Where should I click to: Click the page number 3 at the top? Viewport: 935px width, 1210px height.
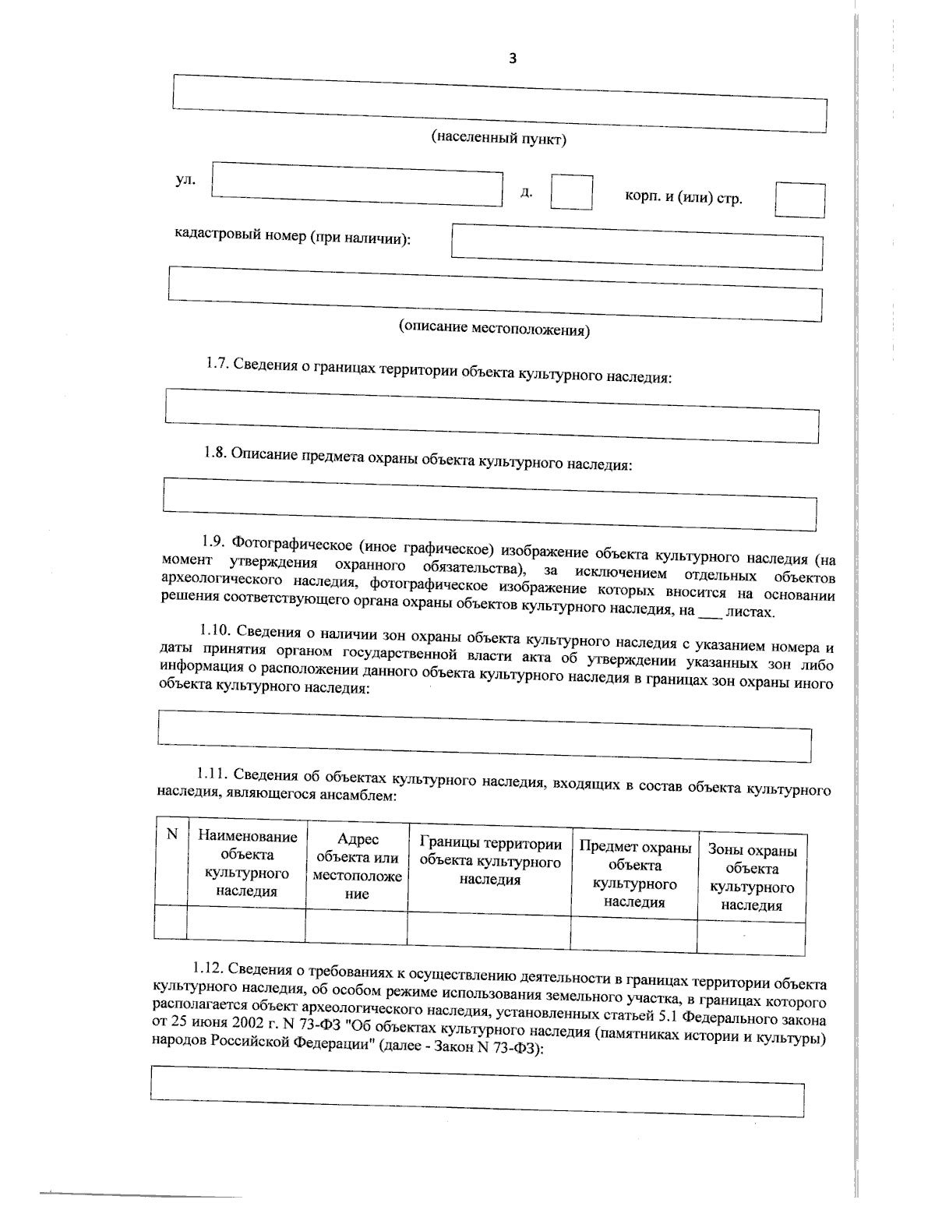pyautogui.click(x=512, y=58)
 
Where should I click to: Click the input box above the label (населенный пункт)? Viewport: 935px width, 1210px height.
pyautogui.click(x=499, y=104)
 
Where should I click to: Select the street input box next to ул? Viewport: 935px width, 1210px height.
pyautogui.click(x=357, y=185)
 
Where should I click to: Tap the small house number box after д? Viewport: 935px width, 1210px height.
pyautogui.click(x=571, y=192)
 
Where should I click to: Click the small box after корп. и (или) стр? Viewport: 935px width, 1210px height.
pyautogui.click(x=799, y=200)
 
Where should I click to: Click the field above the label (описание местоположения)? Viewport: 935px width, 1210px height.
pyautogui.click(x=495, y=294)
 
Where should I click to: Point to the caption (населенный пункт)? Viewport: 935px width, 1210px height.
pyautogui.click(x=499, y=139)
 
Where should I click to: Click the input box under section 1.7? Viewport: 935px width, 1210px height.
pyautogui.click(x=492, y=416)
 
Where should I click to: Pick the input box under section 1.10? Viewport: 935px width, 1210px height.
pyautogui.click(x=484, y=735)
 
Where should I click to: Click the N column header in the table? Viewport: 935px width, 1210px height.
pyautogui.click(x=172, y=834)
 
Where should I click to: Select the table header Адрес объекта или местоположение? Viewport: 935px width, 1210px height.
pyautogui.click(x=357, y=866)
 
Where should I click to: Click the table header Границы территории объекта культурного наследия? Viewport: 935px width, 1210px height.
pyautogui.click(x=490, y=862)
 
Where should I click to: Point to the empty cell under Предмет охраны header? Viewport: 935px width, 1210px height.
pyautogui.click(x=633, y=933)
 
